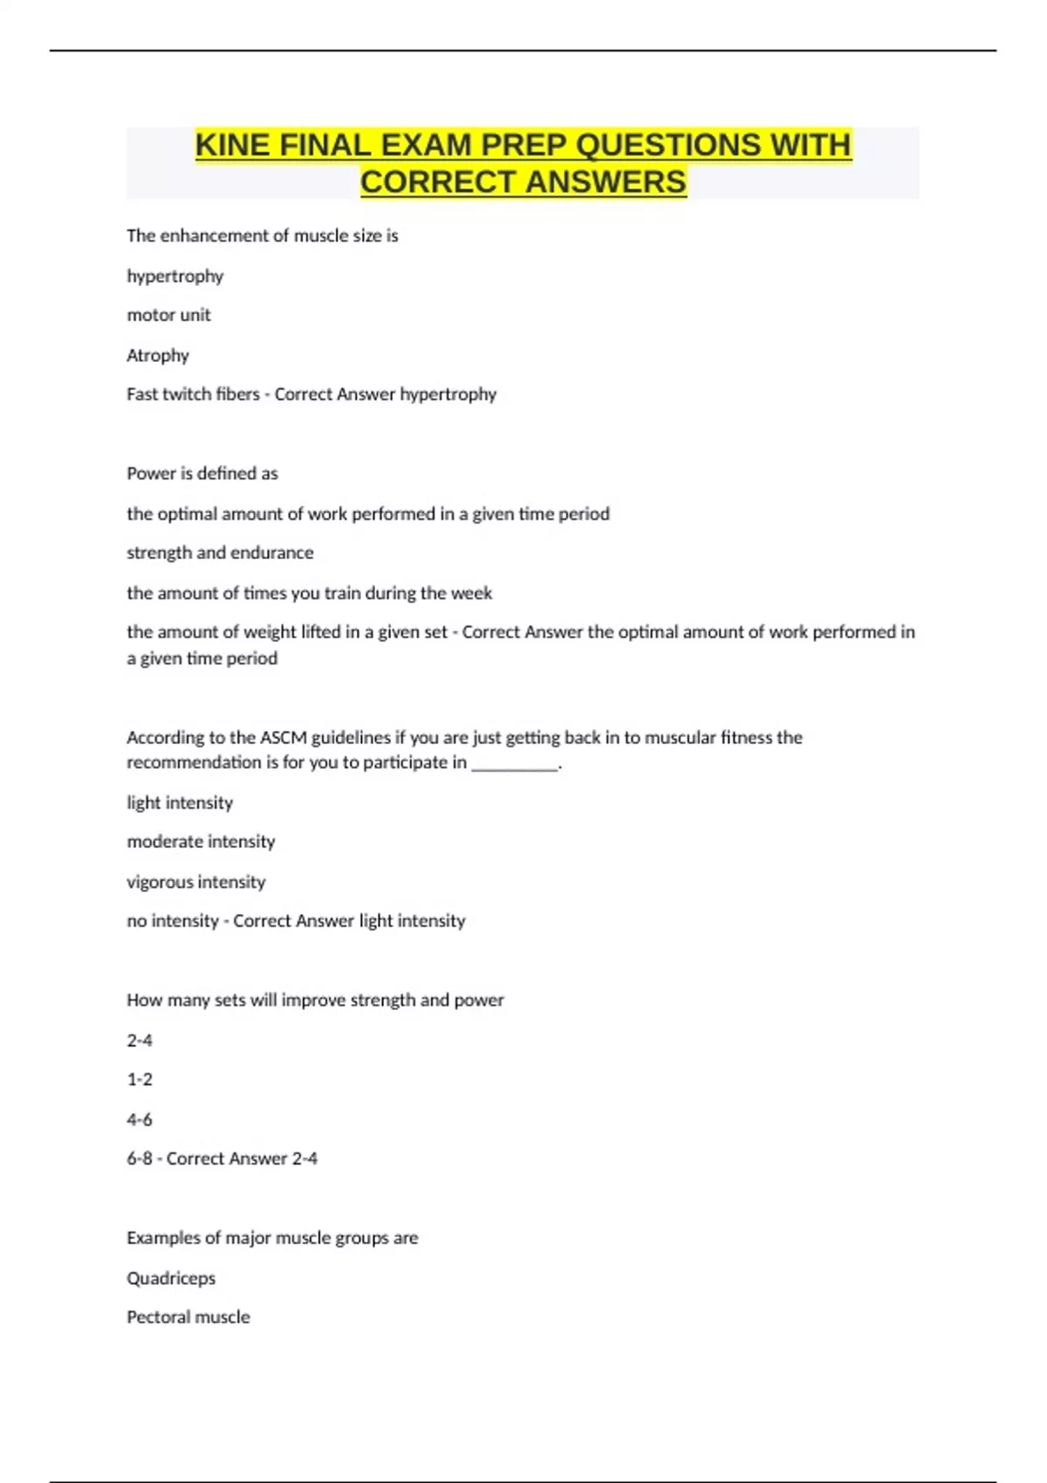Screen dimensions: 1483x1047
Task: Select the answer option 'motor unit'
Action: [x=168, y=315]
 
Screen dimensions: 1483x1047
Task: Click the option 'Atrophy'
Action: [x=158, y=355]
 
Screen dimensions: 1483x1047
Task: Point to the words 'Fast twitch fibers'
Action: [x=193, y=394]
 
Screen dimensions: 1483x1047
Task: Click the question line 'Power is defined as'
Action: [x=202, y=474]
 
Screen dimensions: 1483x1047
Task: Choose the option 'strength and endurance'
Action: [x=220, y=553]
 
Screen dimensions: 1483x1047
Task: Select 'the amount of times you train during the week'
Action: [x=309, y=593]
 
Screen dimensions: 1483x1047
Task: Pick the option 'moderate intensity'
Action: [x=201, y=842]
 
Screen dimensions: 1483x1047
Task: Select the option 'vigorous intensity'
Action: [x=196, y=882]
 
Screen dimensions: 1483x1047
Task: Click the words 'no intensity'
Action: [x=173, y=921]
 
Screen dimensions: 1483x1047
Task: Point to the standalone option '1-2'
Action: [x=140, y=1080]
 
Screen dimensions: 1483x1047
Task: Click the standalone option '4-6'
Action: [x=140, y=1119]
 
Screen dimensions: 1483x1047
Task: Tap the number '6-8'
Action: [x=140, y=1159]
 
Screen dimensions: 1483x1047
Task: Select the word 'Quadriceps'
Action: [x=171, y=1279]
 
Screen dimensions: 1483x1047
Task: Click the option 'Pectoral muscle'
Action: [x=188, y=1317]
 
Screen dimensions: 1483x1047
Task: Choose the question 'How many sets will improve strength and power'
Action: [x=315, y=1001]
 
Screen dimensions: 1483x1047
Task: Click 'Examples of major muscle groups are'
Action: [x=272, y=1238]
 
